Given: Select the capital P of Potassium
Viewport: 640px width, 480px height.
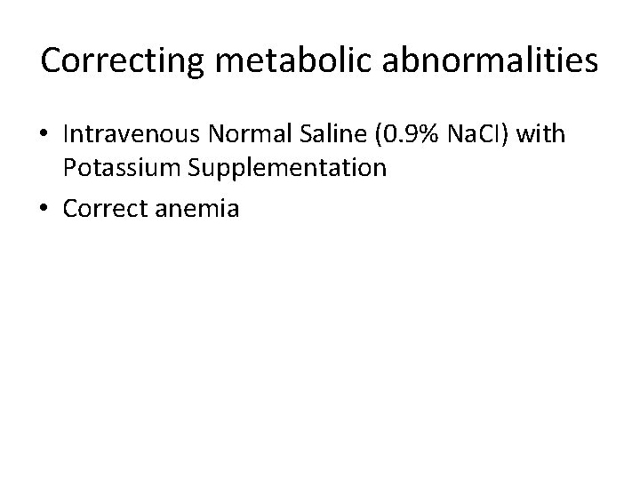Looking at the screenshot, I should click(69, 167).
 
